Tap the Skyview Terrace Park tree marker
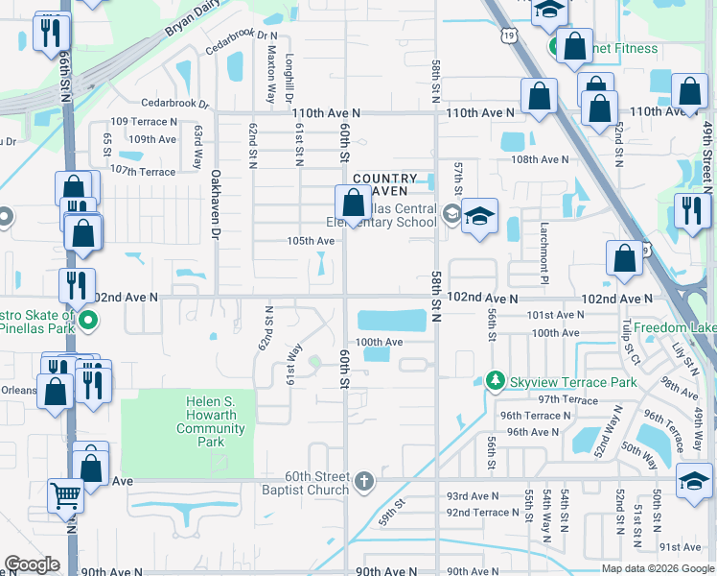[x=496, y=382]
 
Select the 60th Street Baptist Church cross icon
[x=363, y=480]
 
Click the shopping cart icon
[x=66, y=495]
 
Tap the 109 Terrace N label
[x=144, y=122]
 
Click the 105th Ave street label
[x=311, y=241]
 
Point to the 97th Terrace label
[x=567, y=399]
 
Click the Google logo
[x=32, y=564]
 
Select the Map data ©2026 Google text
[x=657, y=568]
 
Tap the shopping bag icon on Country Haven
[x=353, y=204]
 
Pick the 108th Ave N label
[x=541, y=160]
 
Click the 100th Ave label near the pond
[x=380, y=342]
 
